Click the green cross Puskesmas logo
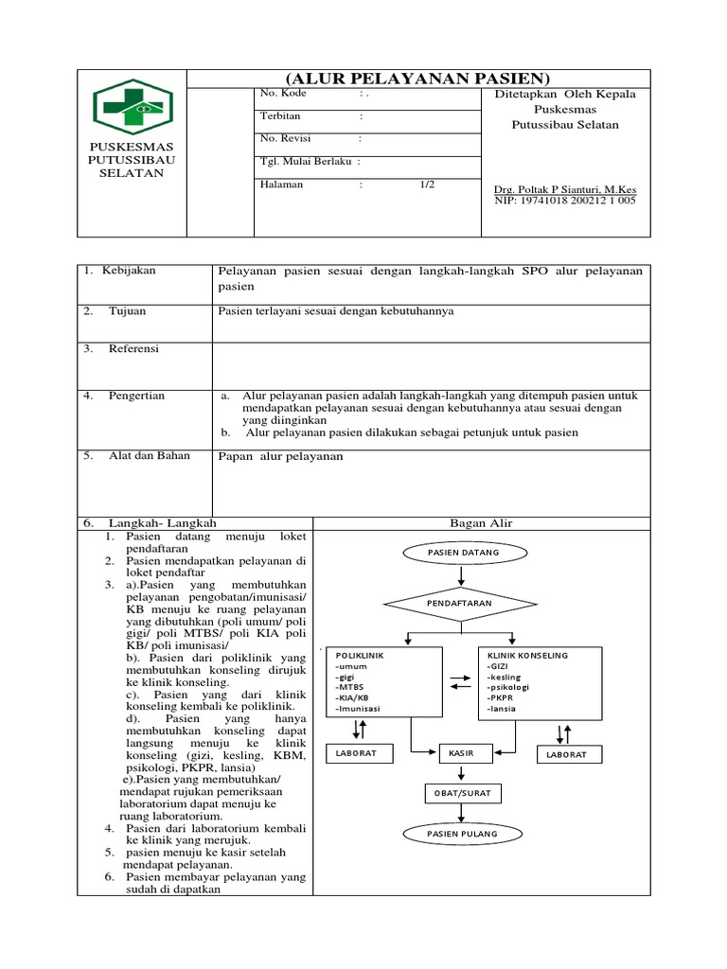[x=132, y=108]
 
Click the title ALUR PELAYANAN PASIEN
[x=417, y=78]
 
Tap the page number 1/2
[x=428, y=185]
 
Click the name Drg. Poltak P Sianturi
[x=564, y=188]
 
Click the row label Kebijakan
[x=129, y=271]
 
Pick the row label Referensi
[x=133, y=349]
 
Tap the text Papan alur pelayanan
[x=280, y=456]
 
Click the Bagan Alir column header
[x=481, y=522]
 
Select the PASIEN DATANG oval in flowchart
[x=463, y=552]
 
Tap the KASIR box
[x=462, y=753]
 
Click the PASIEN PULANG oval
[x=462, y=834]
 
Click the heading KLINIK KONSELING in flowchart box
[x=527, y=655]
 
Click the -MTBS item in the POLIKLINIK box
[x=349, y=687]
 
